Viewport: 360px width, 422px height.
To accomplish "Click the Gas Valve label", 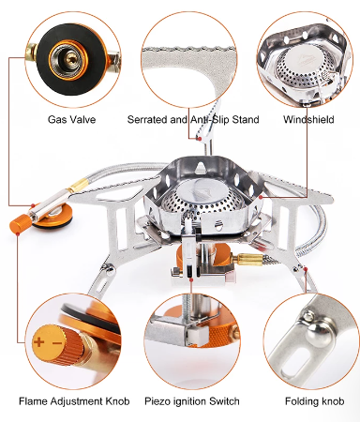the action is click(71, 119).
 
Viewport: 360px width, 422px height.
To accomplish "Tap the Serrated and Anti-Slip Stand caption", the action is click(193, 119).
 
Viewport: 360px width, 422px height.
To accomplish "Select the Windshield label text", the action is click(308, 119).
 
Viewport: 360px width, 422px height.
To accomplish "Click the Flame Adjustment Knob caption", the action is click(74, 401).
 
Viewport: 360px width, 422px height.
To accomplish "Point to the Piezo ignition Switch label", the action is click(192, 401).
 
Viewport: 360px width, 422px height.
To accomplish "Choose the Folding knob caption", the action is click(314, 401).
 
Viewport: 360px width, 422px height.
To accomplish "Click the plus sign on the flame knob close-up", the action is click(38, 341).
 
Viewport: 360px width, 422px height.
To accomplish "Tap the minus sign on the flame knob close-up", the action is click(57, 343).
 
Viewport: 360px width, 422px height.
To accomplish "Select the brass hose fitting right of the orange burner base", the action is click(247, 260).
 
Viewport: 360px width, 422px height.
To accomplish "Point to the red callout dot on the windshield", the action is click(261, 197).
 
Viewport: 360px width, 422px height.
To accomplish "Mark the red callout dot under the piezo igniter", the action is click(191, 280).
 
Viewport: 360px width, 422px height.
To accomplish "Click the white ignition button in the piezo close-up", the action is click(196, 335).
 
